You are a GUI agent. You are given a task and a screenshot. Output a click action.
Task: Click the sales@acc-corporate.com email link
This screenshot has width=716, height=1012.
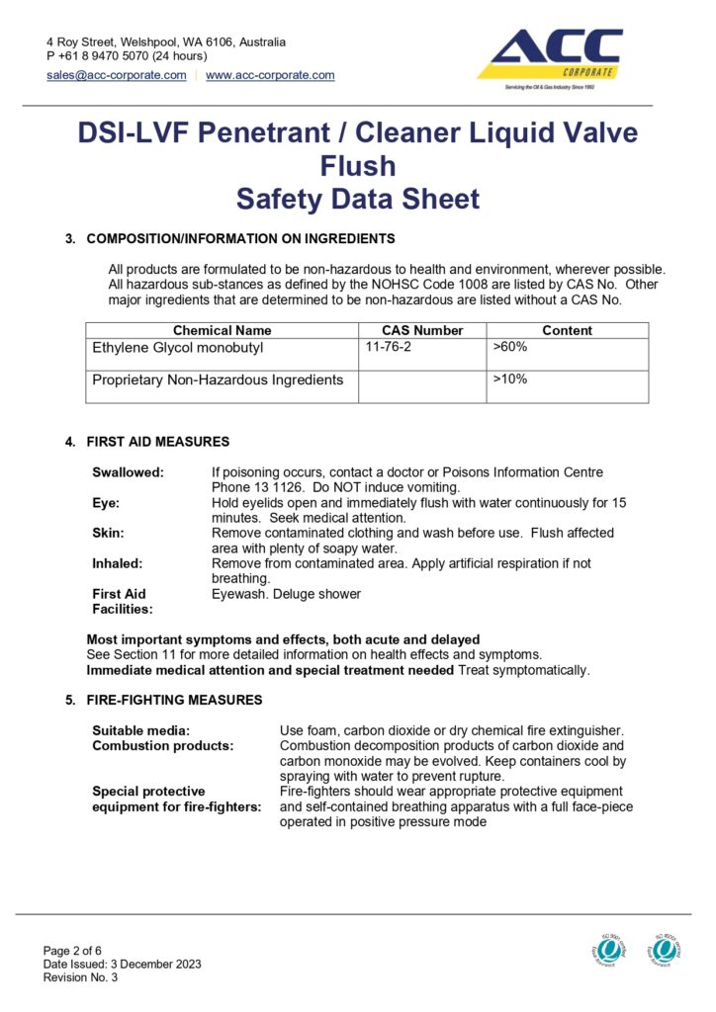pyautogui.click(x=117, y=75)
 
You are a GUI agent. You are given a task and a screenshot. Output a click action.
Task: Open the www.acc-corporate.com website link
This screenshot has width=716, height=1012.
pyautogui.click(x=270, y=75)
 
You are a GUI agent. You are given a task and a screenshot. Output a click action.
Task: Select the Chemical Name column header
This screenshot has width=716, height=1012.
pyautogui.click(x=222, y=330)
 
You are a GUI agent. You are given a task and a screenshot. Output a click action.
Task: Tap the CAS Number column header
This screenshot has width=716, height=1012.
pyautogui.click(x=422, y=330)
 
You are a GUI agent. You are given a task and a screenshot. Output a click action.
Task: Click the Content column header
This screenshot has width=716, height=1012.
pyautogui.click(x=568, y=330)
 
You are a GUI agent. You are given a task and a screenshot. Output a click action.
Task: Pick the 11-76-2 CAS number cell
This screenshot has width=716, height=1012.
pyautogui.click(x=387, y=348)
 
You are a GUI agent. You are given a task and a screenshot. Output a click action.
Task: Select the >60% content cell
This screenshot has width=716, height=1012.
pyautogui.click(x=510, y=348)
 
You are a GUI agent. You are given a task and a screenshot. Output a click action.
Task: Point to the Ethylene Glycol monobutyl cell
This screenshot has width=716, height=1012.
pyautogui.click(x=180, y=348)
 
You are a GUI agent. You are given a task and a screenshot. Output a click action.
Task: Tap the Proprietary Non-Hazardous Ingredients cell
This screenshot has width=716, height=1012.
pyautogui.click(x=218, y=379)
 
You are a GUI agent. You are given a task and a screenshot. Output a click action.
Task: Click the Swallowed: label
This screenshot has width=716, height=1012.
pyautogui.click(x=129, y=473)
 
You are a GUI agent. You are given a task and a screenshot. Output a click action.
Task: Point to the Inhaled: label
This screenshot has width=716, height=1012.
pyautogui.click(x=118, y=563)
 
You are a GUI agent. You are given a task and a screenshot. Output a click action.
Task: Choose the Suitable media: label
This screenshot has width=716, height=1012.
pyautogui.click(x=141, y=730)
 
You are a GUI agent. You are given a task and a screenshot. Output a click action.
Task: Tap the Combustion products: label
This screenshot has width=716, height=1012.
pyautogui.click(x=163, y=746)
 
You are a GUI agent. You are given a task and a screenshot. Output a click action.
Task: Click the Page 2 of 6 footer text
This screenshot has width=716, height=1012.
pyautogui.click(x=75, y=950)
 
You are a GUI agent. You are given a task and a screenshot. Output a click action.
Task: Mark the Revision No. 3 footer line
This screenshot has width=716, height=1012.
pyautogui.click(x=80, y=977)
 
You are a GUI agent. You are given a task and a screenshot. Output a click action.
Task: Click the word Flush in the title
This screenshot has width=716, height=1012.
pyautogui.click(x=358, y=165)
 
